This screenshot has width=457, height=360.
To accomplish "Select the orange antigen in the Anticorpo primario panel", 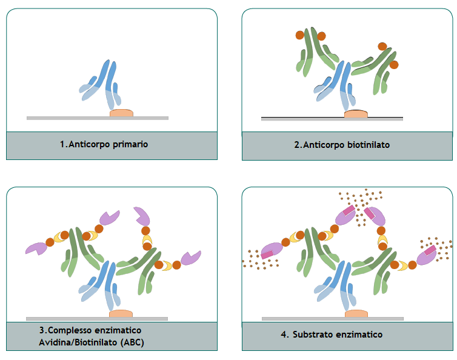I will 121,113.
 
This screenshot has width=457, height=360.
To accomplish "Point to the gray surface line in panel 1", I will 61,118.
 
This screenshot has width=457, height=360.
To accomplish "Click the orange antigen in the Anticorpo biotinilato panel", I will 356,113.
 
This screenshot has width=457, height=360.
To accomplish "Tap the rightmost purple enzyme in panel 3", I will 192,258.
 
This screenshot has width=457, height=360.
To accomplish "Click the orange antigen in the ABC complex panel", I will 121,313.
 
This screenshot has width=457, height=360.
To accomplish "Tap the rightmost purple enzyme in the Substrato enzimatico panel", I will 429,254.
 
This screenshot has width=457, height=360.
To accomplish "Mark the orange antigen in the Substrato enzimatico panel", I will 356,313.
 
